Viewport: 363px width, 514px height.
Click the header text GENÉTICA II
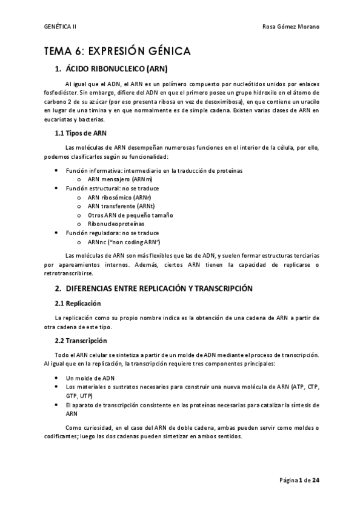(61, 27)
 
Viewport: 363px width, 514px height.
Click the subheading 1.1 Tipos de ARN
(81, 133)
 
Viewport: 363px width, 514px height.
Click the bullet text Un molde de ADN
(90, 378)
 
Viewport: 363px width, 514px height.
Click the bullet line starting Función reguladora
(112, 233)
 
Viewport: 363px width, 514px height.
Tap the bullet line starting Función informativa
(154, 171)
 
